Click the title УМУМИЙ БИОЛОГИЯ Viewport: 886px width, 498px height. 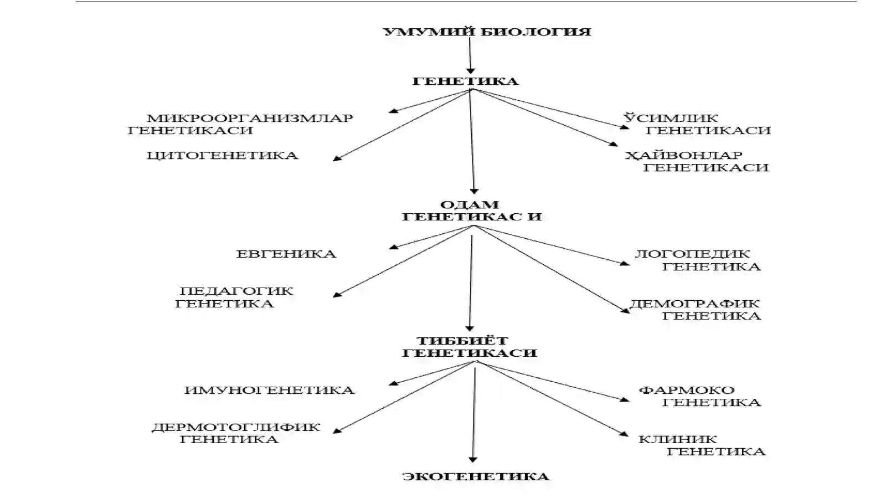coord(487,32)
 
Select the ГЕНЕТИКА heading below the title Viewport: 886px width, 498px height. coord(465,81)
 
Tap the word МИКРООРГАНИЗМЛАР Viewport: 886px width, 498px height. coord(250,118)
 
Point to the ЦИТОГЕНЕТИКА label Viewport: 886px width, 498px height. coord(222,156)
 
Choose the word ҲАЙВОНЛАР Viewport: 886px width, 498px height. coord(683,155)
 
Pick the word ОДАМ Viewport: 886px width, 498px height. coord(470,204)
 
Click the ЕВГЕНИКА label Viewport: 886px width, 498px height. coord(286,254)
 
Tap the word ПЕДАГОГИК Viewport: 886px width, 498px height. coord(236,291)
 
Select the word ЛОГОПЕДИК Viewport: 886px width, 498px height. coord(692,254)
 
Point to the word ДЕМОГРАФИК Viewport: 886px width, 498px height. coord(694,304)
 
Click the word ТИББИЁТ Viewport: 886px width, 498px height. coord(463,340)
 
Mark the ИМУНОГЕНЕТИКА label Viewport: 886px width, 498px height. coord(269,390)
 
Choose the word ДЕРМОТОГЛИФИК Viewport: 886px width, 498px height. coord(236,427)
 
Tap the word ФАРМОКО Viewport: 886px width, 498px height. coord(687,390)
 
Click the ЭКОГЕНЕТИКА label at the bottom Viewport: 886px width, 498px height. coord(476,476)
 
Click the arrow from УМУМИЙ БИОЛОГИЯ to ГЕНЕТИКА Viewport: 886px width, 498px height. coord(470,56)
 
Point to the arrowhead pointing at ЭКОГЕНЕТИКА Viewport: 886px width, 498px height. coord(473,460)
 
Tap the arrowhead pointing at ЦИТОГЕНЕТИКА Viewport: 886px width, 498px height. coord(337,158)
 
